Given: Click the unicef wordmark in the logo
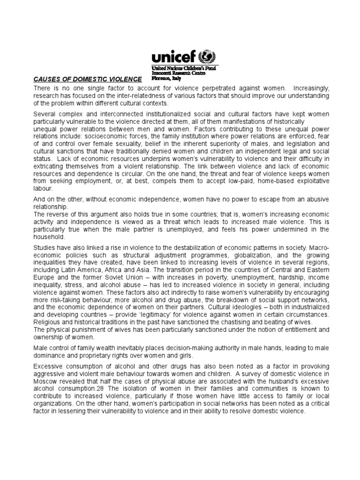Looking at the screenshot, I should coord(174,58).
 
